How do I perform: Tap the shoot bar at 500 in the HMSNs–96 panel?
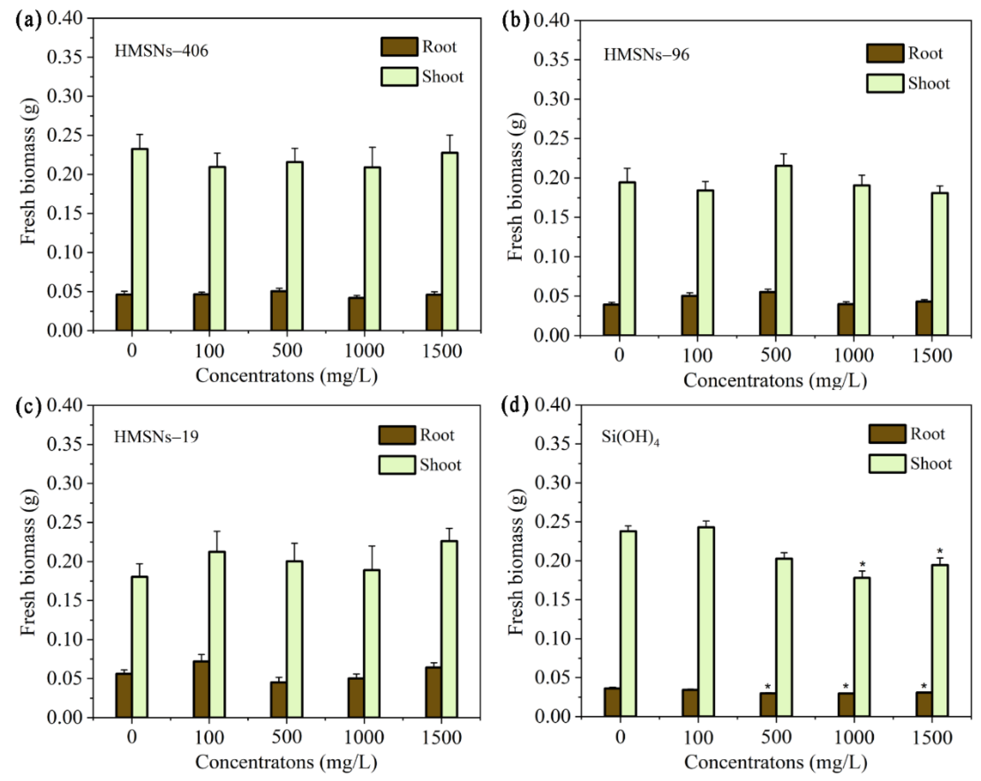click(783, 251)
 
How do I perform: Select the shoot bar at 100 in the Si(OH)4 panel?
click(706, 621)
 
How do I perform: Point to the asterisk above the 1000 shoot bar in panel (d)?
click(862, 565)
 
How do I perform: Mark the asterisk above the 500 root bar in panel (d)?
click(768, 687)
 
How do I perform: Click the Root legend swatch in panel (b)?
click(884, 53)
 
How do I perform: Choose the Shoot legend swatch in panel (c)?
click(397, 465)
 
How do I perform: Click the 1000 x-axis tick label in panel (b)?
click(854, 356)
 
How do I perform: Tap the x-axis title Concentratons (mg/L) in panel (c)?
click(286, 762)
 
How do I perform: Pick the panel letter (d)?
click(514, 405)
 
